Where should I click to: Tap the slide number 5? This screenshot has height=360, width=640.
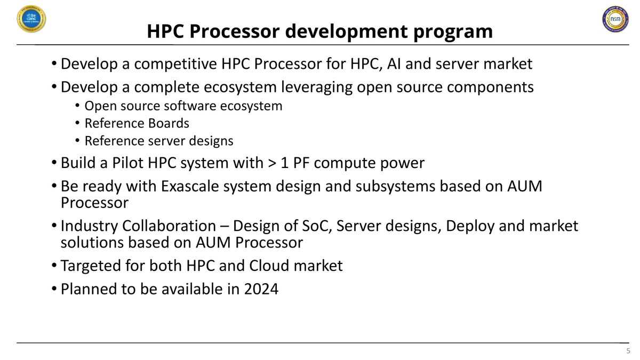(627, 350)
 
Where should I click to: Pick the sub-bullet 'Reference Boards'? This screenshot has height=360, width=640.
(137, 123)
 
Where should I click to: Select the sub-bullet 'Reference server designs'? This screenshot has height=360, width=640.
(159, 141)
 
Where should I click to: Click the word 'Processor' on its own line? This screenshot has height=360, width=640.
(94, 203)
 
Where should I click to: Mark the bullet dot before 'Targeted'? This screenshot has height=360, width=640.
(54, 266)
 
